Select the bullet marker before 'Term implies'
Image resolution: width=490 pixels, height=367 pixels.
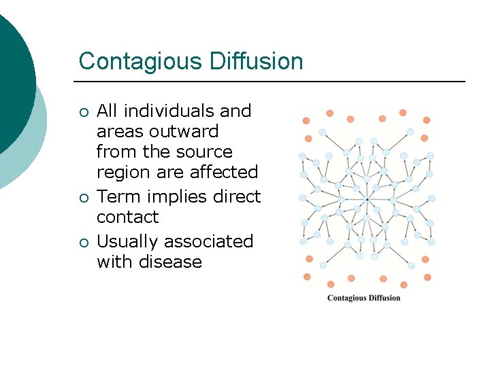[84, 198]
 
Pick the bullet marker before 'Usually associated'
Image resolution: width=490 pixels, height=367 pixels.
[84, 243]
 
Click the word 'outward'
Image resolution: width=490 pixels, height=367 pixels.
[186, 131]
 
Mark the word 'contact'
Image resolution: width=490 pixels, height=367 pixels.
[127, 217]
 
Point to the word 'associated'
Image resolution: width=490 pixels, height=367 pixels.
[211, 242]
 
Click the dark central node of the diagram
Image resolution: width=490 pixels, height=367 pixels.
[367, 200]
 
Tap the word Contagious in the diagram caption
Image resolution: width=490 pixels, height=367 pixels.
[346, 298]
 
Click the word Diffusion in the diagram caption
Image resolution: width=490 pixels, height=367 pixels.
[384, 298]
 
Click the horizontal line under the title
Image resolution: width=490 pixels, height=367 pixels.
[272, 82]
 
